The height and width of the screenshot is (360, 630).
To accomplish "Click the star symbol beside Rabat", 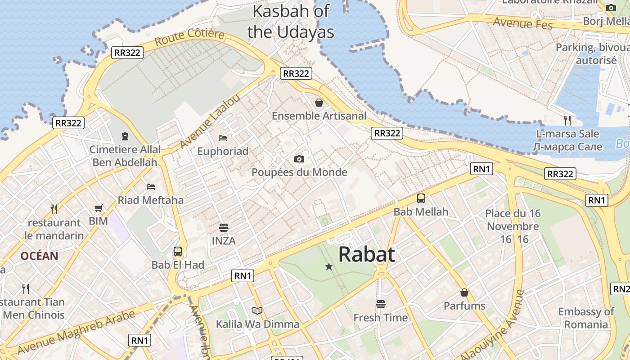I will pos(329,267).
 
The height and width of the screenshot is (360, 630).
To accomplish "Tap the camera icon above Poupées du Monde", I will pos(299,159).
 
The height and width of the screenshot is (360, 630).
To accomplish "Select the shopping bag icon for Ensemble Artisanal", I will pos(319,103).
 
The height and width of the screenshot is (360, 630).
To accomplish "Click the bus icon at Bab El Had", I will pos(178,252).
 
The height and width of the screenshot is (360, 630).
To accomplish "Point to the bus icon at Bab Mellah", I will pos(421,198).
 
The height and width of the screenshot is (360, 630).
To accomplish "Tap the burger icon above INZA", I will pos(224,228).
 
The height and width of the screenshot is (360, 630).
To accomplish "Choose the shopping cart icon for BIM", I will pos(99,208).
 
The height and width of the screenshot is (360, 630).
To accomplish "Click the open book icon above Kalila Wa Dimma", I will pos(257,310).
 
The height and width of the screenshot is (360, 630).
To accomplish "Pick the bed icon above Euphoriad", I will pos(223,138).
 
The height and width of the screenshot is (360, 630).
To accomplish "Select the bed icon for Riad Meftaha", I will pos(151,186).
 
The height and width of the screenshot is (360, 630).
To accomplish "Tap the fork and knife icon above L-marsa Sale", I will pos(567,120).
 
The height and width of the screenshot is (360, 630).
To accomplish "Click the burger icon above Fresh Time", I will pos(381,304).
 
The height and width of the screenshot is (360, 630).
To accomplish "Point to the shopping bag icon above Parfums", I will pos(464,293).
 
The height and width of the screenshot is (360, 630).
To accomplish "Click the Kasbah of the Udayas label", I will pos(291,21).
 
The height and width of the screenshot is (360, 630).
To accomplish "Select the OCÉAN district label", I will pos(39,256).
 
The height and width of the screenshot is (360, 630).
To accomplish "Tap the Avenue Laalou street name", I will pos(210,122).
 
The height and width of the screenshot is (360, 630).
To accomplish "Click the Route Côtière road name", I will pos(189,37).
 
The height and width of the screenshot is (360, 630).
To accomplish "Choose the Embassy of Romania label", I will pos(586,318).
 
